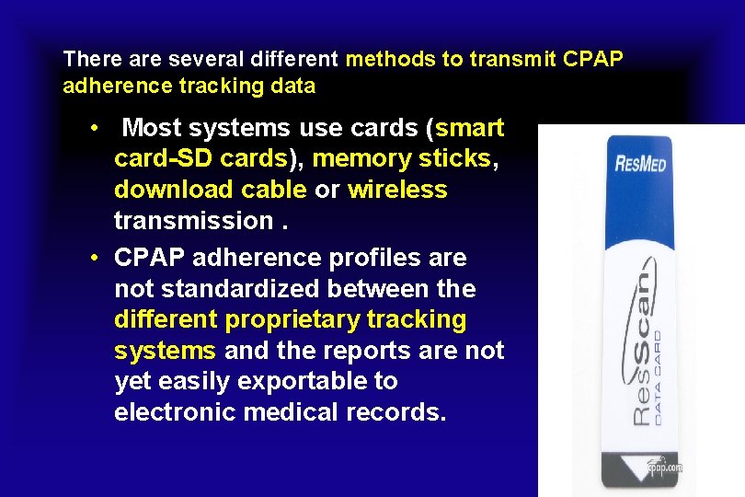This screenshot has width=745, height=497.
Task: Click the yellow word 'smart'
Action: coord(470,128)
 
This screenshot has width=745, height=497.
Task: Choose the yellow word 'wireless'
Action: coord(397,191)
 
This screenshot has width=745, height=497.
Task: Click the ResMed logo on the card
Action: coord(640,167)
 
